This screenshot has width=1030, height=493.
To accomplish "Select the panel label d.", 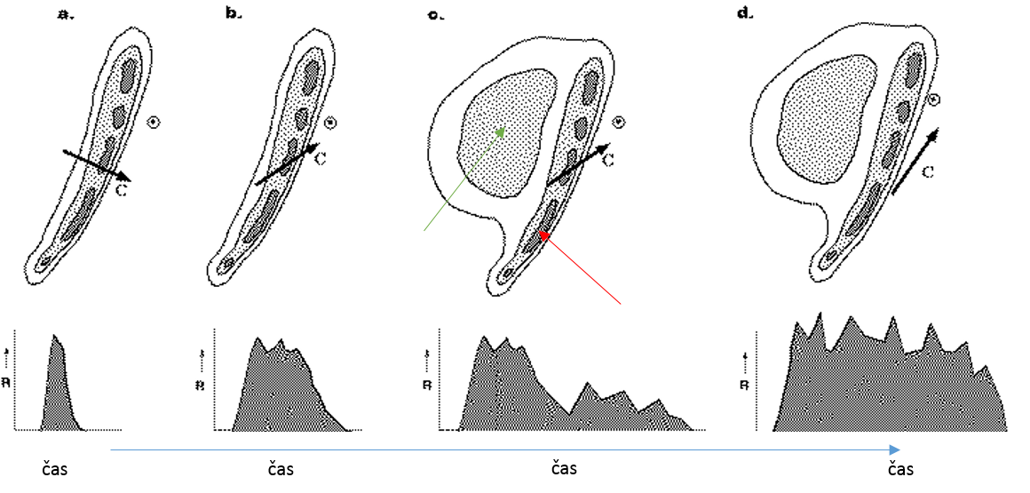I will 745,15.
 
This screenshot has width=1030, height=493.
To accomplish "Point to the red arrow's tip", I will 540,234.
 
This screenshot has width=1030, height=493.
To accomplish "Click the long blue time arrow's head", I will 898,449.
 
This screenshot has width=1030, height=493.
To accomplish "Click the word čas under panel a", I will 55,468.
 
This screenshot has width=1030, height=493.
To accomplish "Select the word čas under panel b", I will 280,468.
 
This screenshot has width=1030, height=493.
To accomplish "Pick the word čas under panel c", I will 565,467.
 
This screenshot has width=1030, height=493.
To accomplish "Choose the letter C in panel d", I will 926,172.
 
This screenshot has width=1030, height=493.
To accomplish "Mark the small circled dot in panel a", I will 154,123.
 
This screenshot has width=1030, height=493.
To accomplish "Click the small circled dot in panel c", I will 619,123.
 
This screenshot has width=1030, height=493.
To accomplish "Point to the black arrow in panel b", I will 286,163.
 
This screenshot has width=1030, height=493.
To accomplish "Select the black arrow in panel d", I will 912,161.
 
